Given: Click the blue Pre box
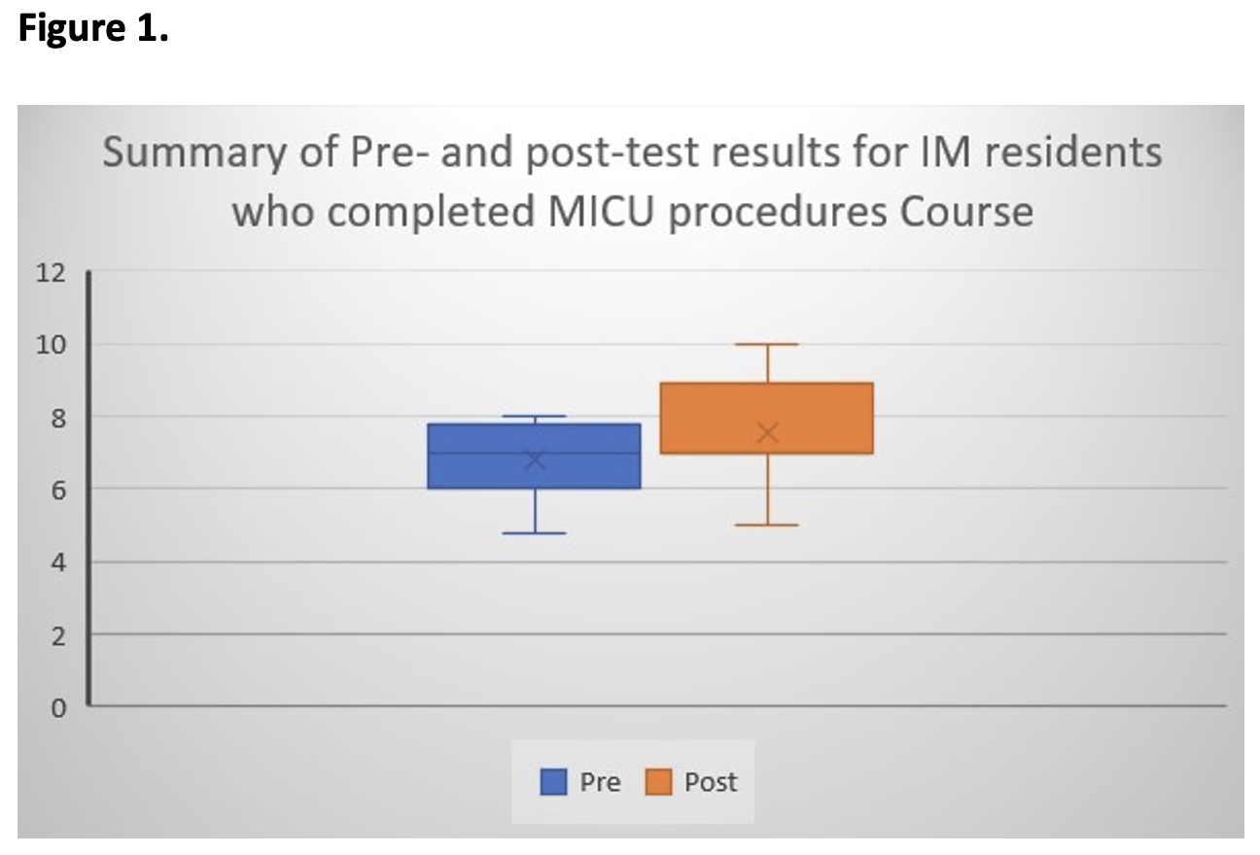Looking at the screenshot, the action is click(534, 456).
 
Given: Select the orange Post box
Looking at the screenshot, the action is click(767, 418).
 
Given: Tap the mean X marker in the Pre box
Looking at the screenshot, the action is click(535, 460).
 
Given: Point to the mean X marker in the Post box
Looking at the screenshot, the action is click(768, 432).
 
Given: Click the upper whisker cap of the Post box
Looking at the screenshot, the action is click(767, 344).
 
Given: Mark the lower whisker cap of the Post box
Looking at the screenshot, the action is click(767, 525).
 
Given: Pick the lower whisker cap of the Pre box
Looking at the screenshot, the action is click(535, 532).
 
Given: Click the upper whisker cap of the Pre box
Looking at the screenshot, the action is click(535, 416).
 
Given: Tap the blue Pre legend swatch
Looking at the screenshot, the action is click(553, 781).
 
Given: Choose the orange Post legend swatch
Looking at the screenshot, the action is click(658, 781).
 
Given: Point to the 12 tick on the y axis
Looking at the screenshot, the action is click(51, 273).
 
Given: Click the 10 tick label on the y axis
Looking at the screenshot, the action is click(51, 345).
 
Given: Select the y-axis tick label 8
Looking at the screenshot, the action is click(58, 418).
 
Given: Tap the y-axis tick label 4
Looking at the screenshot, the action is click(58, 563).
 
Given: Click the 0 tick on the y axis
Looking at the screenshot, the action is click(58, 708).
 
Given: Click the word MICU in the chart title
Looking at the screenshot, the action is click(602, 212).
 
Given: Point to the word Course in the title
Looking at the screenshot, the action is click(966, 212).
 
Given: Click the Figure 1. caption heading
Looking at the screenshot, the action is click(93, 28).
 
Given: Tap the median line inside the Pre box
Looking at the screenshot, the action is click(535, 453).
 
